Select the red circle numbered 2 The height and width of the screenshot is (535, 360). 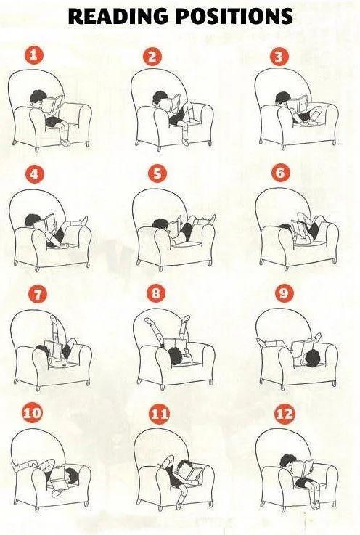pos(152,57)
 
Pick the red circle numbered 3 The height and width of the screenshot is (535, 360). pos(279,56)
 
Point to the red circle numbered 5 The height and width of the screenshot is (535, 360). pos(158,173)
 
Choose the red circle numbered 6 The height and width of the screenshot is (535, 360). pos(281,173)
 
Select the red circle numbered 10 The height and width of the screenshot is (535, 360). pos(32,414)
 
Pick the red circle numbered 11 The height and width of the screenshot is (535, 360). pos(158,414)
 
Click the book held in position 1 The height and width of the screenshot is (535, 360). pos(53,103)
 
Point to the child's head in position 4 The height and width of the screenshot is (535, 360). pos(31,221)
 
